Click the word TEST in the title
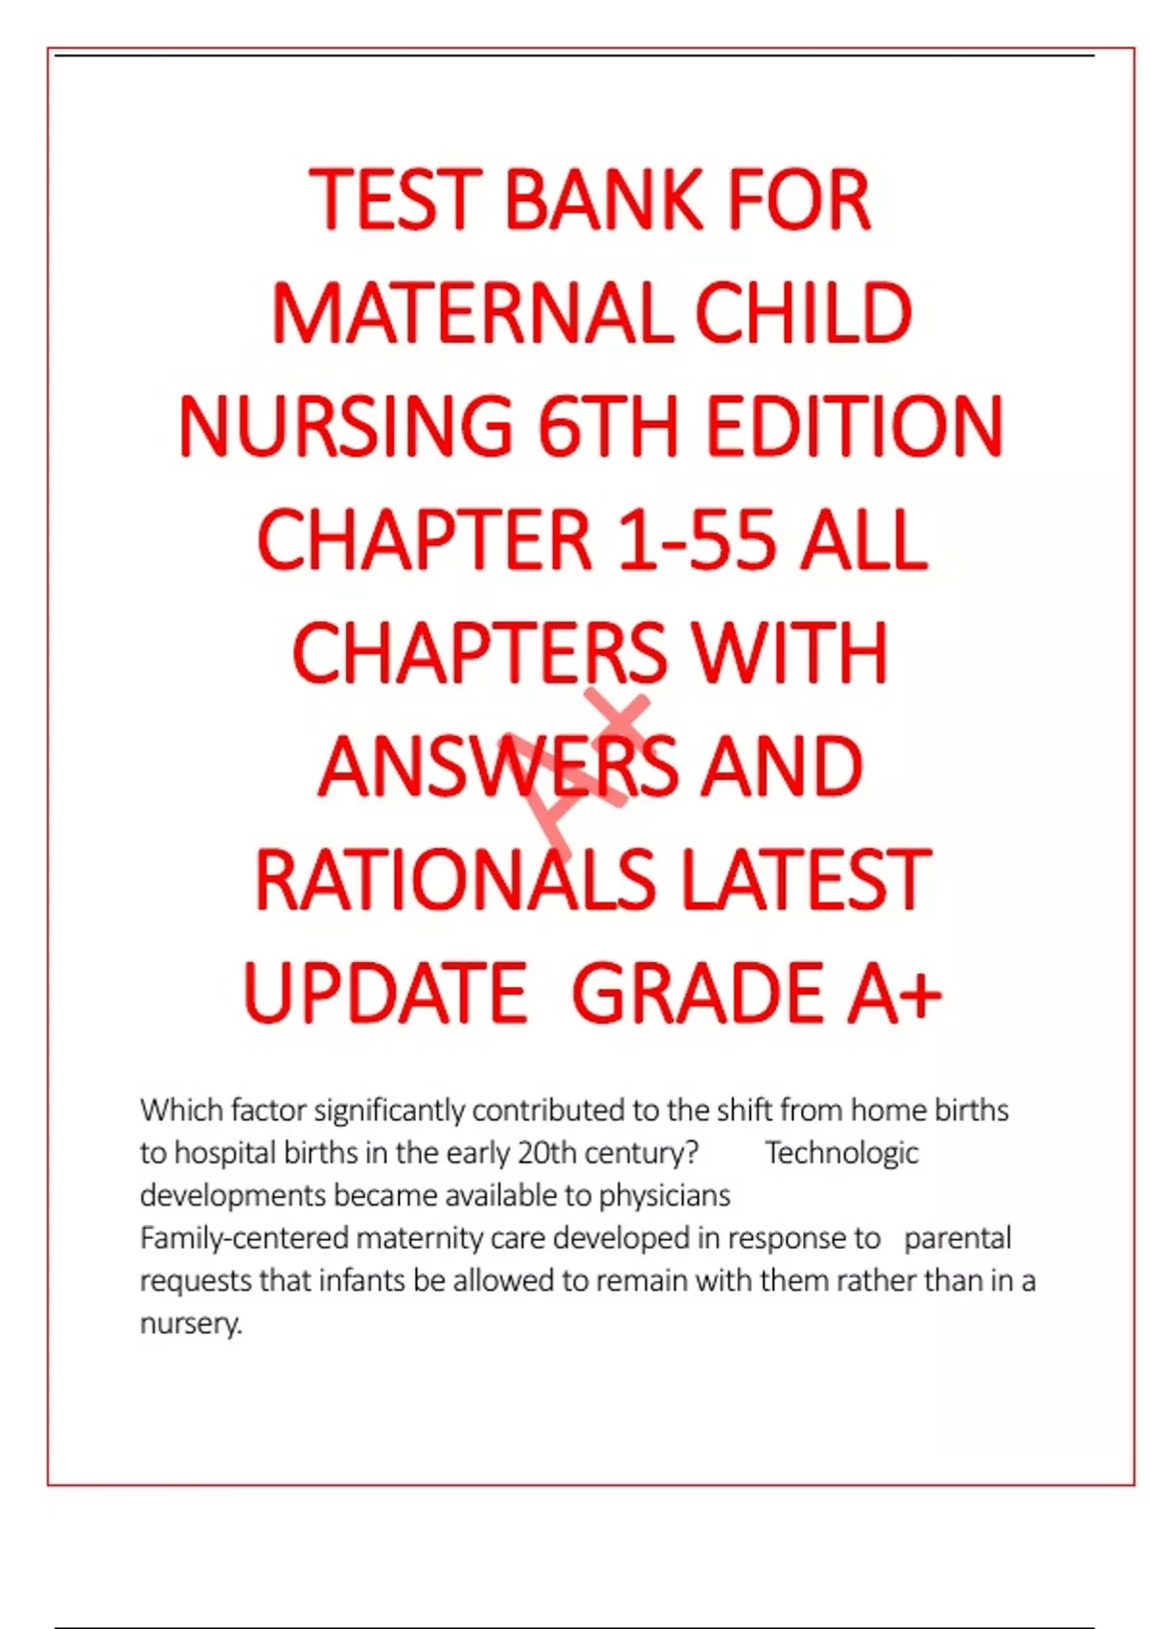pyautogui.click(x=394, y=200)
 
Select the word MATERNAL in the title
pyautogui.click(x=472, y=313)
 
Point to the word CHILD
pyautogui.click(x=802, y=313)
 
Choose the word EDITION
pyautogui.click(x=854, y=426)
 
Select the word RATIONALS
pyautogui.click(x=455, y=880)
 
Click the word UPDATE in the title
pyautogui.click(x=384, y=993)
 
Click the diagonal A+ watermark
pyautogui.click(x=580, y=767)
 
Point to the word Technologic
pyautogui.click(x=841, y=1153)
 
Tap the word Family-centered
pyautogui.click(x=244, y=1238)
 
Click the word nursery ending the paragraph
pyautogui.click(x=189, y=1323)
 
